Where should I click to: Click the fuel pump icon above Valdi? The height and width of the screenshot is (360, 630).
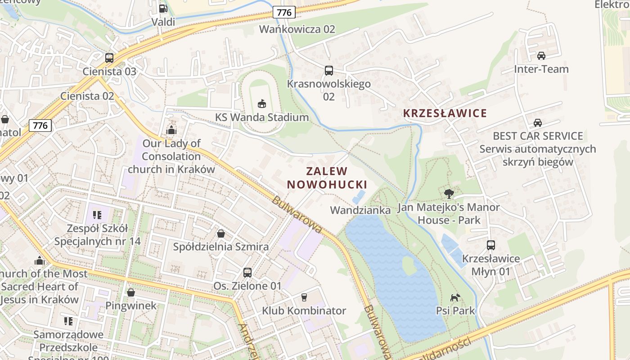pos(163,8)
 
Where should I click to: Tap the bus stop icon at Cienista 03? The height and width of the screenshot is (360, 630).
pos(109,58)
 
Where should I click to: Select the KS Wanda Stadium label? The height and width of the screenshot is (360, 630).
pos(262,117)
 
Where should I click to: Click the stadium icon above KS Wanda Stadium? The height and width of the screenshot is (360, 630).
pos(262,103)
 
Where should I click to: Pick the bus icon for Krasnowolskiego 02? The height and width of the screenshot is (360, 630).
pos(329,70)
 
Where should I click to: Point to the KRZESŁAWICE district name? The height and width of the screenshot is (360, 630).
pos(445,113)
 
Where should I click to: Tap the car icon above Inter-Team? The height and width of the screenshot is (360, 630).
pos(541,56)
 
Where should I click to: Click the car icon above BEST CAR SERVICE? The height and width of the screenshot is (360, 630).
pos(537,122)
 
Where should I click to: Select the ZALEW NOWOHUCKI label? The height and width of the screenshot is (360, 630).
pos(327,178)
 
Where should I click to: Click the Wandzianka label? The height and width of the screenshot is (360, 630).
pos(360,210)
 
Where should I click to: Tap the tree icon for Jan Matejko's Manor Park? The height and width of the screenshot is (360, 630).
pos(448,194)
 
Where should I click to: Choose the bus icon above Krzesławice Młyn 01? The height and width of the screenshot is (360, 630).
pos(490,245)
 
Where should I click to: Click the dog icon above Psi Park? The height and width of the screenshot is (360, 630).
pos(455,297)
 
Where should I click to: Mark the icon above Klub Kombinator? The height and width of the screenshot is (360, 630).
pos(304,297)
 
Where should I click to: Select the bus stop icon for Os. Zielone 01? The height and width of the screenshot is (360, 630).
pos(247,272)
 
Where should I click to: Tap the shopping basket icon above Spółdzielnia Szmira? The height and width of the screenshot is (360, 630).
pos(221,233)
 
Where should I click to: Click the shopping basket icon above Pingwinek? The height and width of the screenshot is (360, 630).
pos(130,292)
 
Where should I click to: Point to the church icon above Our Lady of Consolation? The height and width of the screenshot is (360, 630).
pos(171,130)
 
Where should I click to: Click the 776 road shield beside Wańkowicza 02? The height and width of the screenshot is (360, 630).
pos(284,13)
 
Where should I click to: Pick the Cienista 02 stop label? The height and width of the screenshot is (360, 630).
pos(87,96)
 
